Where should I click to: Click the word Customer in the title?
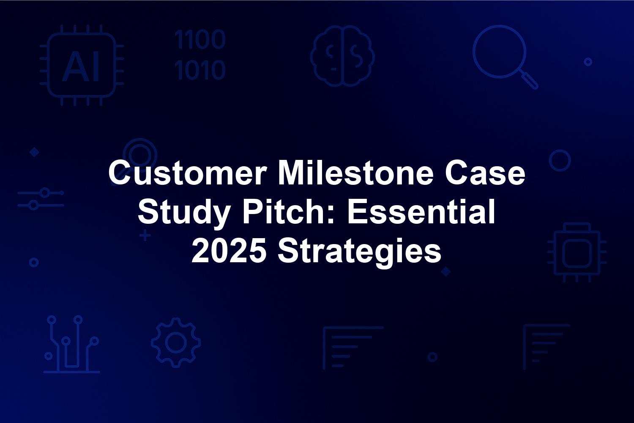[x=188, y=173]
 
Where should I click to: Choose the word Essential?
[x=421, y=212]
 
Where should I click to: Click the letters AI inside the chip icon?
[x=81, y=67]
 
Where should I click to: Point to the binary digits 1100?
[x=200, y=39]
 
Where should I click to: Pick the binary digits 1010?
[x=200, y=69]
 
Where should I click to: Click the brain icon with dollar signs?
[x=342, y=56]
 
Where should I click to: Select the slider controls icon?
[x=41, y=199]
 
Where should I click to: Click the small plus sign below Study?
[x=145, y=236]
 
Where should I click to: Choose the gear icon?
[x=176, y=343]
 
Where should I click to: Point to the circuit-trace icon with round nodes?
[x=71, y=344]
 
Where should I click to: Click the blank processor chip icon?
[x=577, y=253]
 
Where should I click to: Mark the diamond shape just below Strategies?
[x=446, y=272]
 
